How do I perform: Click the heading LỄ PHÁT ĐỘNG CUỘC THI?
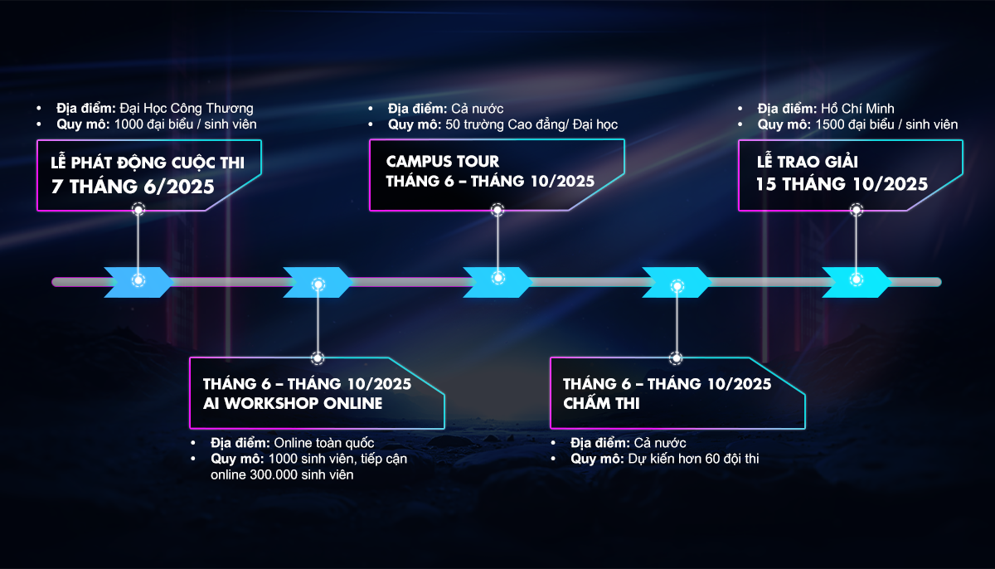[x=148, y=162]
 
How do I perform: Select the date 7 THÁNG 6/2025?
[x=133, y=187]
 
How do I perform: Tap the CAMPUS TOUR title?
[x=443, y=161]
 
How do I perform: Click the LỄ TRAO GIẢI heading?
[x=807, y=162]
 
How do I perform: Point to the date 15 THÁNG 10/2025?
[x=842, y=184]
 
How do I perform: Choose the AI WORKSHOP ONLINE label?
[x=293, y=403]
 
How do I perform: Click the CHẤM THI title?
[x=601, y=403]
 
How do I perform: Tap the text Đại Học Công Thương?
[x=187, y=109]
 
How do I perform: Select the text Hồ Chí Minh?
[x=857, y=109]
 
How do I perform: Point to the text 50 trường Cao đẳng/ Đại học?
[x=531, y=124]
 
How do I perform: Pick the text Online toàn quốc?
[x=324, y=443]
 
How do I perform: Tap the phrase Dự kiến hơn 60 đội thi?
[x=693, y=459]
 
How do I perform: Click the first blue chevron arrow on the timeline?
[x=138, y=282]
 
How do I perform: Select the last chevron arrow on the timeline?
[x=857, y=282]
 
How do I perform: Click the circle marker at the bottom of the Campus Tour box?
[x=498, y=210]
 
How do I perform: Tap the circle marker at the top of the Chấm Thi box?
[x=676, y=358]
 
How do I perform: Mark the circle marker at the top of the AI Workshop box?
[x=318, y=358]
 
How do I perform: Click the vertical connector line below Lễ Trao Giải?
[x=857, y=245]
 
